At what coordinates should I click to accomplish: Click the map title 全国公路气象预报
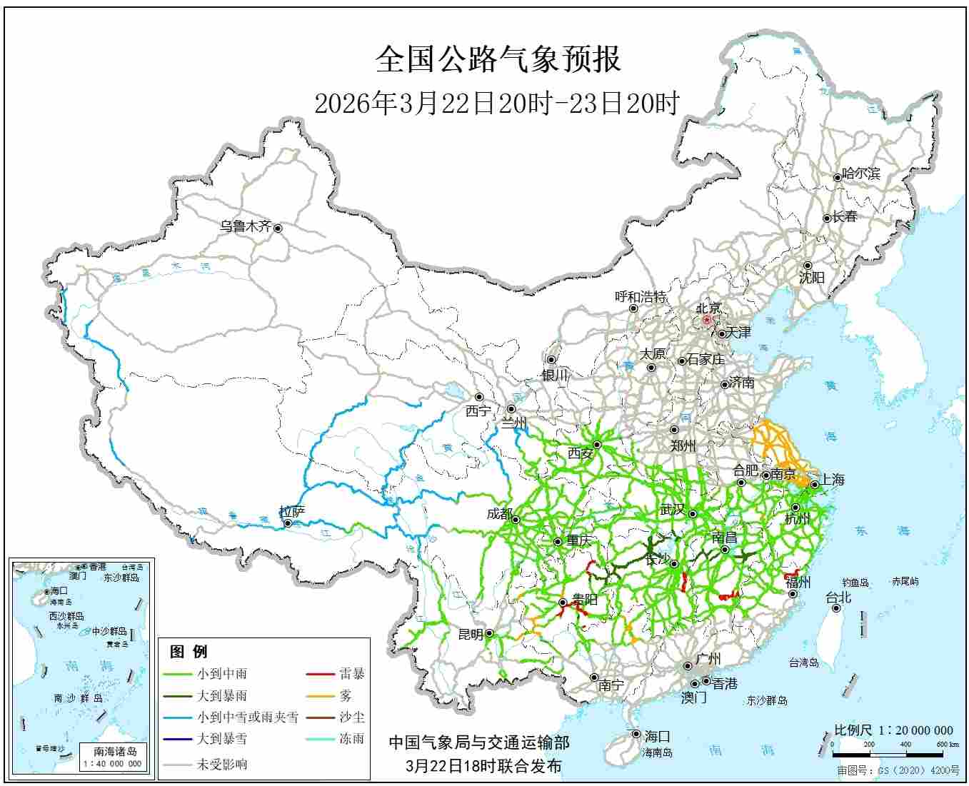click(x=498, y=59)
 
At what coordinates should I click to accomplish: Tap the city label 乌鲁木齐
click(x=245, y=227)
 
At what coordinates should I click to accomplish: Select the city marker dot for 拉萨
click(x=287, y=524)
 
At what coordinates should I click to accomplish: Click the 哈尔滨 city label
click(x=861, y=173)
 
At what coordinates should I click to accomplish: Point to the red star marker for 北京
click(x=707, y=321)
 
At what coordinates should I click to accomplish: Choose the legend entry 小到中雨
click(x=222, y=673)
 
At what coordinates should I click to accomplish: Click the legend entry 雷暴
click(x=351, y=673)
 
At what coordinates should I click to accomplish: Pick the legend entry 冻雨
click(x=351, y=739)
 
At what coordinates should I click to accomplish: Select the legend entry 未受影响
click(x=222, y=764)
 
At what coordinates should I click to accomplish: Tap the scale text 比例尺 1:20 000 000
click(x=893, y=730)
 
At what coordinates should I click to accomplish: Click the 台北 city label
click(x=838, y=598)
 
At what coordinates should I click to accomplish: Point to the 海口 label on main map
click(x=657, y=736)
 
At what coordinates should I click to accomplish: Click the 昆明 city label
click(x=470, y=634)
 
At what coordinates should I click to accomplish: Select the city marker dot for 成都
click(x=515, y=519)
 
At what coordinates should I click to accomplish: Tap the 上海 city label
click(x=832, y=480)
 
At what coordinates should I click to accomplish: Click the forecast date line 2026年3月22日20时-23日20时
click(x=497, y=104)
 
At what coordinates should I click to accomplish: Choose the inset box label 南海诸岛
click(x=115, y=751)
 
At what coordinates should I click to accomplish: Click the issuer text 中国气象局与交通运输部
click(x=478, y=743)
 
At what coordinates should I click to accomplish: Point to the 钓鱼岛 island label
click(x=855, y=583)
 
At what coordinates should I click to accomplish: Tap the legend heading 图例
click(x=189, y=651)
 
